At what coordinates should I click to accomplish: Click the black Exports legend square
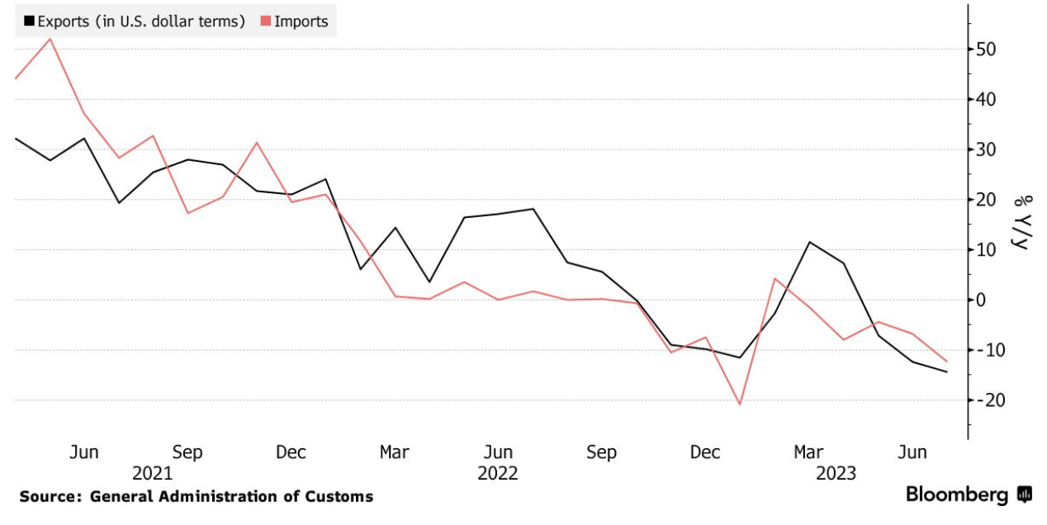[x=29, y=21]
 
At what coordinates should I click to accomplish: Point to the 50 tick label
[x=986, y=50]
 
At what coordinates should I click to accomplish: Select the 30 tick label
[x=986, y=149]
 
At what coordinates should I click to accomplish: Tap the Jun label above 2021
[x=84, y=452]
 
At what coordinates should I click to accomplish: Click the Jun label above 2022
[x=498, y=452]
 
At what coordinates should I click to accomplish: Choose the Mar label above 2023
[x=808, y=452]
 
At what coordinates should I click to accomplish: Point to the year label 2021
[x=153, y=474]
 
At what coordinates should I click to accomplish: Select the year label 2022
[x=498, y=474]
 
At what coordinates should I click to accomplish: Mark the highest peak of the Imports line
[x=51, y=39]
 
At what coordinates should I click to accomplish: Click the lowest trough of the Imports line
[x=740, y=404]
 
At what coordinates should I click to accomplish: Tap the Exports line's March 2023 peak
[x=810, y=242]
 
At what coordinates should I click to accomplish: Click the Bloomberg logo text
[x=957, y=495]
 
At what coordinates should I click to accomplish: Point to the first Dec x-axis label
[x=291, y=452]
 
